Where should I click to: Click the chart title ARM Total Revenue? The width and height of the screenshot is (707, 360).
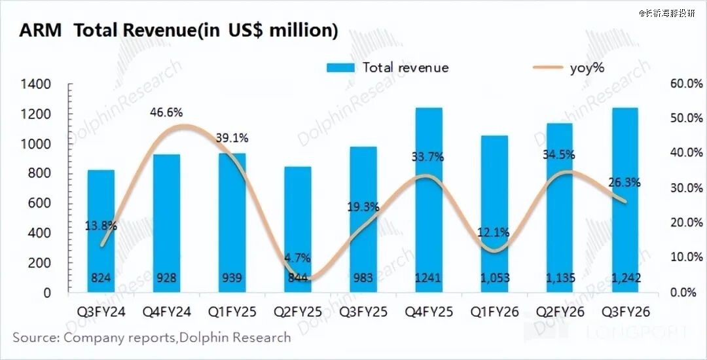coord(178,31)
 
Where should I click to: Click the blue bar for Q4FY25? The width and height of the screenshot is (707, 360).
coord(428,196)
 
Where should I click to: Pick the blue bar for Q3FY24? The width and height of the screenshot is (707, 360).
coord(101,229)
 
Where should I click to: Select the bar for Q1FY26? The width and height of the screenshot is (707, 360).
coord(494,209)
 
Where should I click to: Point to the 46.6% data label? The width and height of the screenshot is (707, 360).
coord(166,112)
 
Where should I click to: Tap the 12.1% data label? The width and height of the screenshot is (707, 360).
coord(494,232)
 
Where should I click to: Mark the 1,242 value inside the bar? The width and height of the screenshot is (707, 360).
coord(625,278)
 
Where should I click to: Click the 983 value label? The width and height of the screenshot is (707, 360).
coord(363,278)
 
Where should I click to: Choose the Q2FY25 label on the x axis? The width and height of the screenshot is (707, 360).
coord(297,312)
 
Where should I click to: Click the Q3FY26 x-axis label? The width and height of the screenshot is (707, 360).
coord(625,312)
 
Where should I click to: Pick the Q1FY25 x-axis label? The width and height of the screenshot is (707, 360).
coord(232,312)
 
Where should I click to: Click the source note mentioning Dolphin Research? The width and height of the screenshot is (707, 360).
coord(152,338)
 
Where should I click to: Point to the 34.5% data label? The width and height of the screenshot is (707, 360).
coord(559,155)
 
